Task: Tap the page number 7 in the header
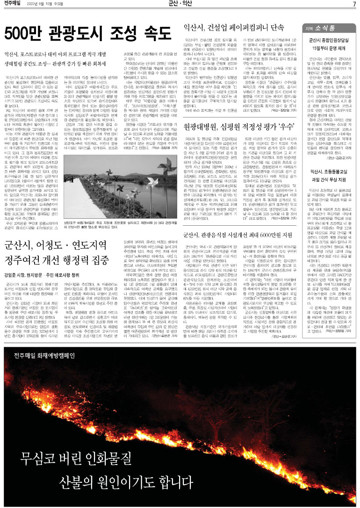point(354,4)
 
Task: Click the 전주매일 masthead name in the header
point(14,4)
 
